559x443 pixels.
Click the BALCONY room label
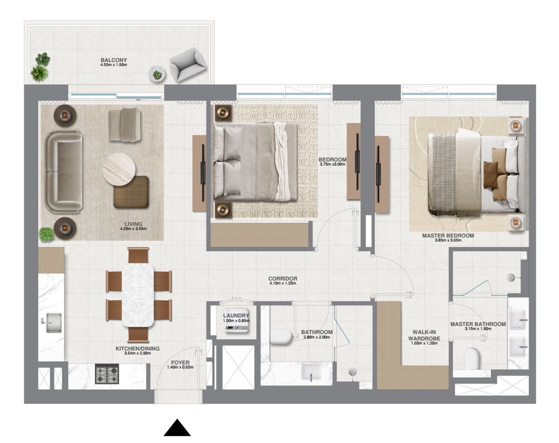[113, 59]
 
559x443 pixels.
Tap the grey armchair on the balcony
[187, 64]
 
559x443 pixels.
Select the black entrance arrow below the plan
[177, 428]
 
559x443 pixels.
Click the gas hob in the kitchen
[107, 372]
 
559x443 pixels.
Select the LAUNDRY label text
[236, 315]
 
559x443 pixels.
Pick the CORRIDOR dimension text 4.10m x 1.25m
[282, 284]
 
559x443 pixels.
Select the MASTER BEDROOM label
[447, 235]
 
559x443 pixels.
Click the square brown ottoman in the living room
[131, 191]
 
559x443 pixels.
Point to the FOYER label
[180, 362]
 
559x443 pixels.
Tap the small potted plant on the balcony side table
[157, 74]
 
